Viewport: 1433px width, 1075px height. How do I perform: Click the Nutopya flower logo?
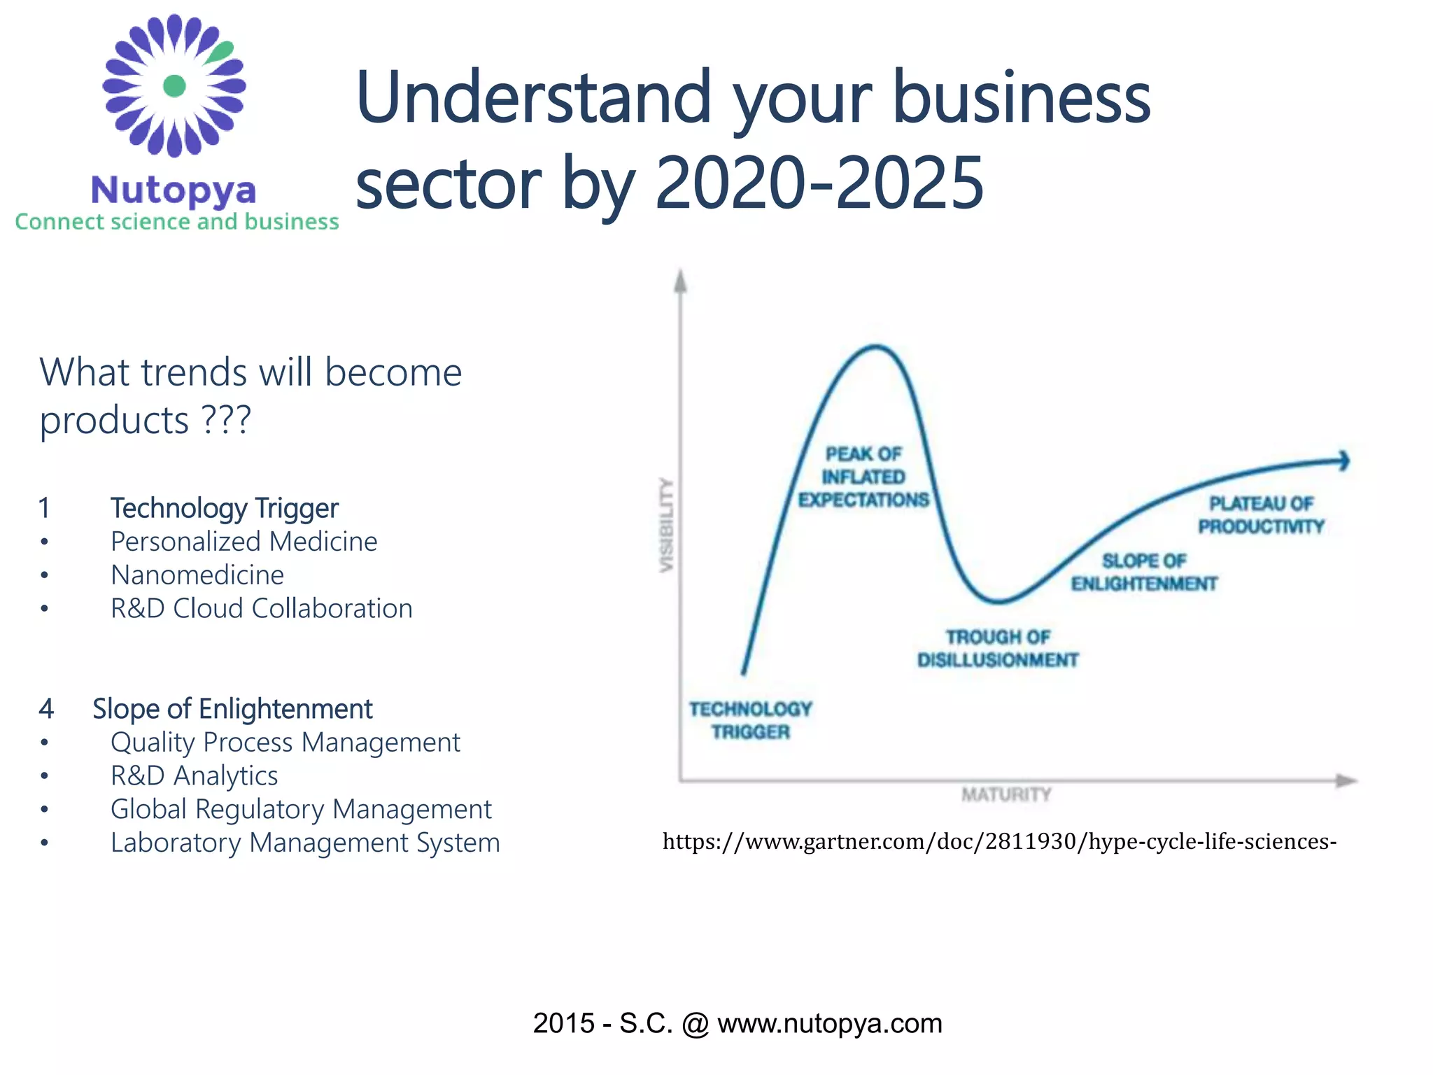point(174,85)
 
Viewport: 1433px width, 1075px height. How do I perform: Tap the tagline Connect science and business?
point(177,222)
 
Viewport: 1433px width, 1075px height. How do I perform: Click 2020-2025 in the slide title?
point(819,183)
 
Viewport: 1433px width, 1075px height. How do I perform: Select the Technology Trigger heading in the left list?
point(224,508)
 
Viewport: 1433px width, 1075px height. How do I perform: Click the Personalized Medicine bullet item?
point(243,542)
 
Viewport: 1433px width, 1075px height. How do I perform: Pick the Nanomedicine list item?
point(197,575)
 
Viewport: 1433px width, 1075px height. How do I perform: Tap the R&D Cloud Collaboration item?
point(261,609)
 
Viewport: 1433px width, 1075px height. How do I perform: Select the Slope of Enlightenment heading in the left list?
point(232,709)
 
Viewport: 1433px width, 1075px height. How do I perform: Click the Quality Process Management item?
point(285,743)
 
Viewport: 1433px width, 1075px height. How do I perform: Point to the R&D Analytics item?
point(194,776)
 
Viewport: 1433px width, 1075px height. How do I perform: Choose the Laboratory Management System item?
point(305,843)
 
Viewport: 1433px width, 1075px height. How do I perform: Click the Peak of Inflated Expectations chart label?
point(863,477)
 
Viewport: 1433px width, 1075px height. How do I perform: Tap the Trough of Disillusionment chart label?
point(998,649)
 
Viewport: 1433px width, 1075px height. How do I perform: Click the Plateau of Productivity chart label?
point(1261,515)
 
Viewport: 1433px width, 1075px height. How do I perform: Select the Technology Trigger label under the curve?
point(750,720)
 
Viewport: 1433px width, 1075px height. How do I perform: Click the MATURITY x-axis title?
point(1006,794)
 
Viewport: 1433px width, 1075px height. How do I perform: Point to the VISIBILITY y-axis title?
point(667,525)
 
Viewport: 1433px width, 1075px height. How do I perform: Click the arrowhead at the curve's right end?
point(1343,461)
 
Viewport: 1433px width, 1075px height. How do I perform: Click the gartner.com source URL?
point(999,841)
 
